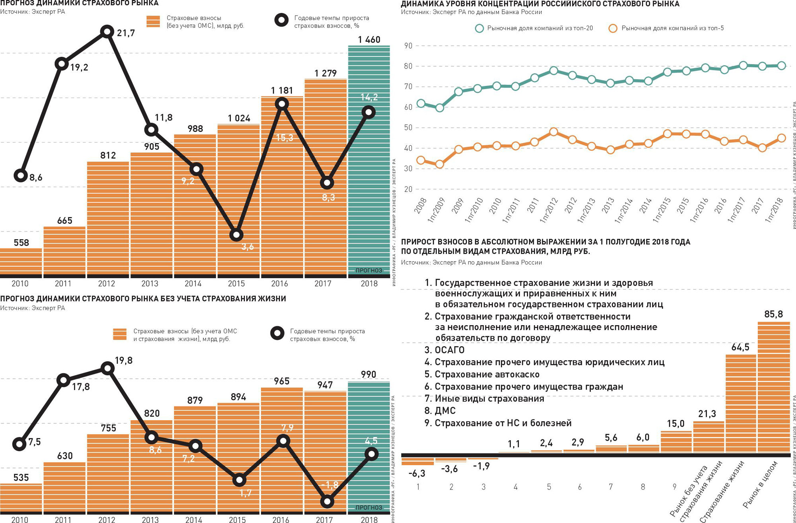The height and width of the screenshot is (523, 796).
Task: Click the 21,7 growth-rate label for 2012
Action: click(126, 33)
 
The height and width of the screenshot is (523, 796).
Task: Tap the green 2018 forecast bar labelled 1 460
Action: click(369, 159)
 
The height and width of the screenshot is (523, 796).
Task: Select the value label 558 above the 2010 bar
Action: click(21, 243)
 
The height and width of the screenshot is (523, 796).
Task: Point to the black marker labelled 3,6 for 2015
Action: click(236, 235)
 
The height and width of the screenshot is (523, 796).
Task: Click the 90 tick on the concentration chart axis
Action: click(408, 46)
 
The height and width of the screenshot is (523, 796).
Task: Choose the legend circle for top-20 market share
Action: click(480, 28)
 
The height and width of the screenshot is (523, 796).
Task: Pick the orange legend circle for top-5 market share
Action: click(613, 28)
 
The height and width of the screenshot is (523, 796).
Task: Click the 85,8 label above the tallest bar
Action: click(773, 314)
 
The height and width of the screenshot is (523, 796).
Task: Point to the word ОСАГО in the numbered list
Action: click(450, 350)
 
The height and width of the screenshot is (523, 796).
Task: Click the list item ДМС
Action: click(445, 411)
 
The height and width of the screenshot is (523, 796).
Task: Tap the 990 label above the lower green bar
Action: click(368, 375)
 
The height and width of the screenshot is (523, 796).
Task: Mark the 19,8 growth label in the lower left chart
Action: click(123, 361)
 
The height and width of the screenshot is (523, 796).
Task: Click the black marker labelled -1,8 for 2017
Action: click(327, 502)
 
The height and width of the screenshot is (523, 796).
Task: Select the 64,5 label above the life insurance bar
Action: click(740, 347)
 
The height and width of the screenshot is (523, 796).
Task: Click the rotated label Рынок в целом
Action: click(760, 484)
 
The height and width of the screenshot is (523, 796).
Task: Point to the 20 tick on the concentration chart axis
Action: click(408, 189)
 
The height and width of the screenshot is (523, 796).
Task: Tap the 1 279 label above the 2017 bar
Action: click(325, 73)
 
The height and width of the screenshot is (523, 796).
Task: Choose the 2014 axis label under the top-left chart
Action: click(193, 284)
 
